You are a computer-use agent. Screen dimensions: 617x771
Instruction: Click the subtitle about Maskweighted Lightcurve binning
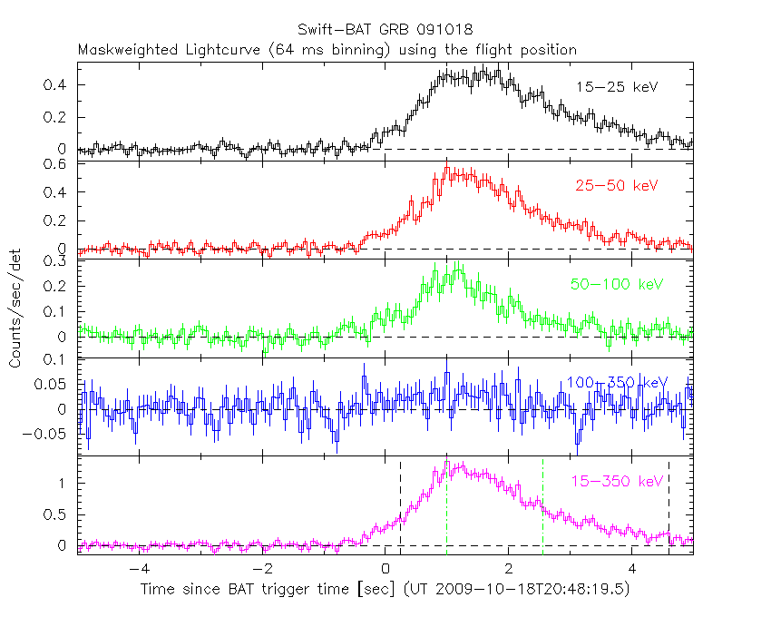click(327, 50)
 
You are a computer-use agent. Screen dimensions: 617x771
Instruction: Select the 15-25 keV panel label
click(616, 87)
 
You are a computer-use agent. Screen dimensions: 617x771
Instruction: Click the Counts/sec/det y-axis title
click(15, 309)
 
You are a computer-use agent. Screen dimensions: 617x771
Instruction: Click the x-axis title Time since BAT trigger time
click(385, 590)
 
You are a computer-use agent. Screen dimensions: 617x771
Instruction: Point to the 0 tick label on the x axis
click(386, 569)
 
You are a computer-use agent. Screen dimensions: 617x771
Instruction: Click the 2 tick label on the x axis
click(510, 569)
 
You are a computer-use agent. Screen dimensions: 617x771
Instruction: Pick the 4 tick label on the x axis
click(633, 569)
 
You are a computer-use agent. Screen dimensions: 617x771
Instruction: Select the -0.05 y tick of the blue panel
click(51, 434)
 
